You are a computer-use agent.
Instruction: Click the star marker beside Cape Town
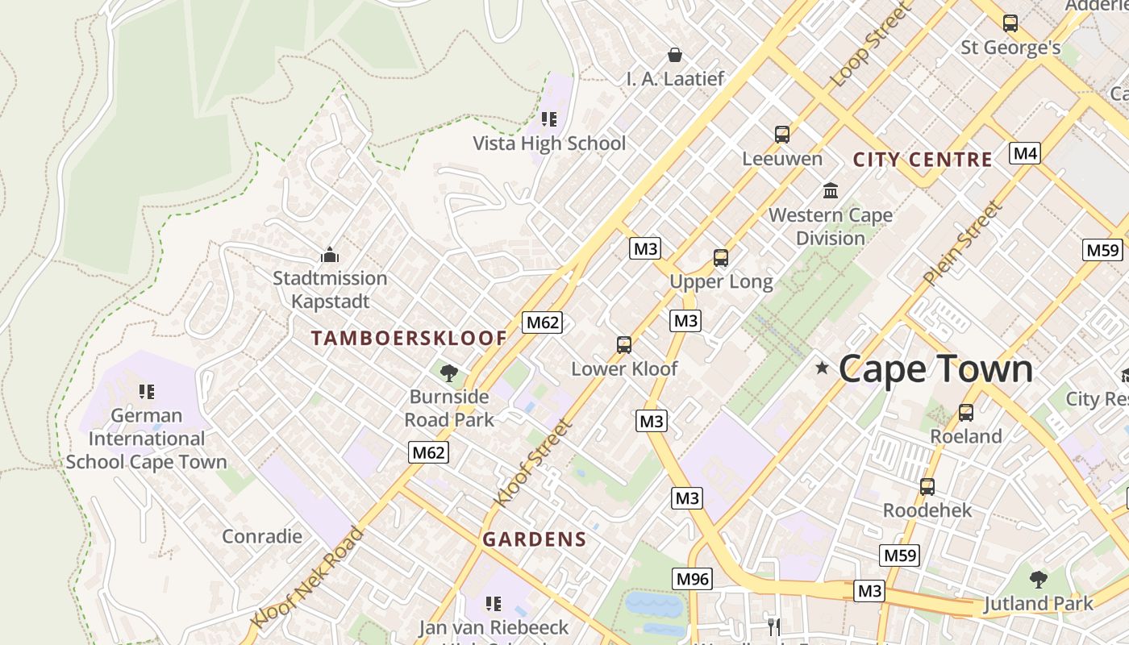[x=822, y=368]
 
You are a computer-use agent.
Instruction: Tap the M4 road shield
[x=1024, y=153]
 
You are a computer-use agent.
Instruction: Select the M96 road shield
[x=693, y=578]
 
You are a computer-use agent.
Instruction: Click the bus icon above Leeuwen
[x=781, y=135]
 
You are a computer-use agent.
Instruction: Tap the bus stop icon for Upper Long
[x=721, y=258]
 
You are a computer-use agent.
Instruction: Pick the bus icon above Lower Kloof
[x=623, y=345]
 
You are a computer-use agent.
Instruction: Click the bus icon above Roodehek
[x=927, y=487]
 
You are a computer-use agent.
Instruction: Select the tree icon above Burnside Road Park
[x=449, y=372]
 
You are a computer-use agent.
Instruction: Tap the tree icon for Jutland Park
[x=1038, y=579]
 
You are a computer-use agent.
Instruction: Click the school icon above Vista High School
[x=549, y=120]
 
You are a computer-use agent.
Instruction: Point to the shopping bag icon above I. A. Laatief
[x=675, y=55]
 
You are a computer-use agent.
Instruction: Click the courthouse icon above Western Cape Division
[x=830, y=191]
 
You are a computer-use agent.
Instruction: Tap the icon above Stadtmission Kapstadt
[x=329, y=256]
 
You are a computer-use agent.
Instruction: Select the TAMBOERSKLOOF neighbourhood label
[x=409, y=339]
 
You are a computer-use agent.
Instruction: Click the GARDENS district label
[x=534, y=539]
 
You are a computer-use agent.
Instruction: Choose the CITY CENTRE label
[x=923, y=160]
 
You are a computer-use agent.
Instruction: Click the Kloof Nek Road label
[x=306, y=577]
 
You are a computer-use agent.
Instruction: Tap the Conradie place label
[x=262, y=536]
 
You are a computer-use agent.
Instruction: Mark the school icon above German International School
[x=146, y=392]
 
